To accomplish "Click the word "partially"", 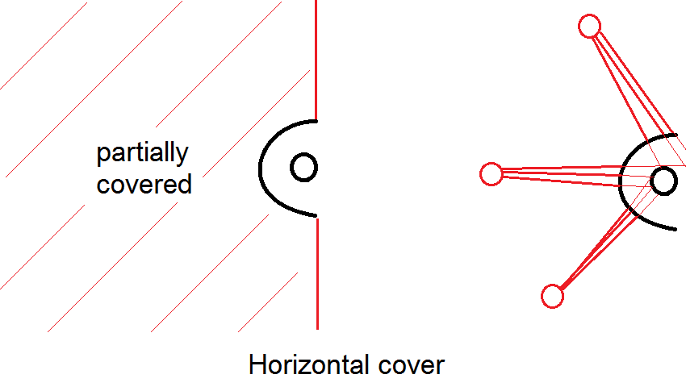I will (143, 153).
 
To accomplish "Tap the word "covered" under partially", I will (144, 184).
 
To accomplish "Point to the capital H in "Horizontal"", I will (257, 364).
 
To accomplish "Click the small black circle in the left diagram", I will (304, 168).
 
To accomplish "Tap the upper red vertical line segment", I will (316, 56).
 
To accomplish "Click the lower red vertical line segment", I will (317, 274).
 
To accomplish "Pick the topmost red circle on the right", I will (590, 26).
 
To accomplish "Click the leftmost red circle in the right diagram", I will (491, 173).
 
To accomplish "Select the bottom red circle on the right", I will (552, 297).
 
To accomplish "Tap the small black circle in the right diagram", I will (663, 181).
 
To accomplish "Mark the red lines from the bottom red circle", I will (593, 250).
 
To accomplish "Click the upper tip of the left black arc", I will (314, 121).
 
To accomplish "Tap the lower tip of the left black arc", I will (315, 216).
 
